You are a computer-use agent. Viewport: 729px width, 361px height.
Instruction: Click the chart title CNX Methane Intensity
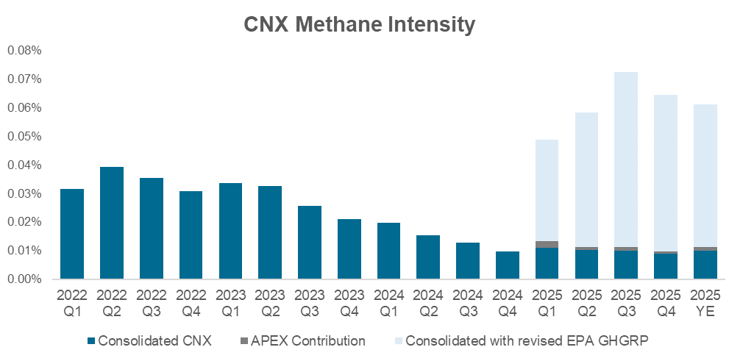(360, 25)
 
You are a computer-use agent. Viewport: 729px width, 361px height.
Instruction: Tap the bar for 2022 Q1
(72, 234)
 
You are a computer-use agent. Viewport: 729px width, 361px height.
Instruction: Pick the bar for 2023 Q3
(310, 242)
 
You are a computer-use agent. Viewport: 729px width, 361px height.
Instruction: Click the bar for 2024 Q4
(508, 265)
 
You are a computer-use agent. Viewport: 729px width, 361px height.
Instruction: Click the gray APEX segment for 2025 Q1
(547, 244)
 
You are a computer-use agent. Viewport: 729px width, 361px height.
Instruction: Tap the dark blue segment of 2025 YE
(705, 265)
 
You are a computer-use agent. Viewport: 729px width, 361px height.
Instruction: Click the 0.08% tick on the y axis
(26, 51)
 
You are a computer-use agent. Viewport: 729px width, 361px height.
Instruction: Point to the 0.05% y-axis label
(26, 137)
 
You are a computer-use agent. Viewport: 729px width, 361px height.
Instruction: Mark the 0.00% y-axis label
(26, 279)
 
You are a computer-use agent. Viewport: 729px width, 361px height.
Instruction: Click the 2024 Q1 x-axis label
(388, 303)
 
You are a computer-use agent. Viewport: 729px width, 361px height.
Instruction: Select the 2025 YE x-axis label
(705, 303)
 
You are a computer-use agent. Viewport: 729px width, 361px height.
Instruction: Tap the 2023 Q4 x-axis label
(349, 303)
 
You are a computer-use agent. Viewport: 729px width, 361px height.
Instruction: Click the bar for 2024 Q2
(428, 257)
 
